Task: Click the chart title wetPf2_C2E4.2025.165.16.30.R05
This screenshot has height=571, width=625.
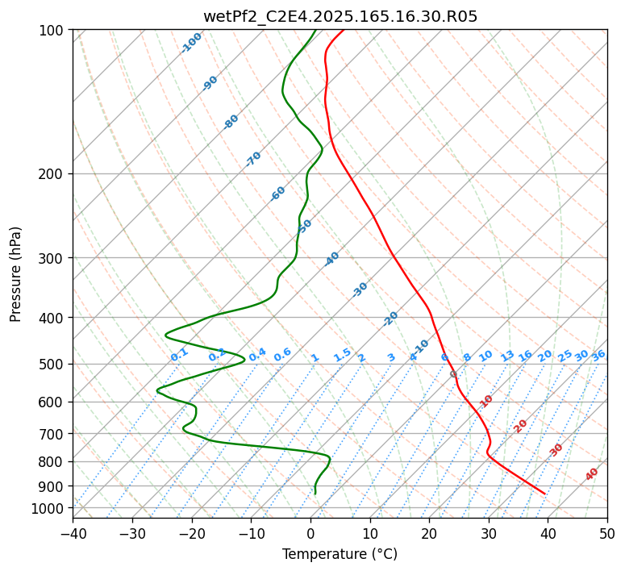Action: click(x=340, y=15)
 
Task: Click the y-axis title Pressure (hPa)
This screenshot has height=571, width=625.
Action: click(x=16, y=274)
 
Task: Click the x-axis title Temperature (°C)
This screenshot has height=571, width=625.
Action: click(x=340, y=554)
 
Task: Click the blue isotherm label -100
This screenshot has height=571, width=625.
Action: click(x=191, y=42)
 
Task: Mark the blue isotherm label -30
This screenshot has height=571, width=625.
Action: click(x=360, y=290)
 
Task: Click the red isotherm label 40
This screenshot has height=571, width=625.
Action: click(x=592, y=474)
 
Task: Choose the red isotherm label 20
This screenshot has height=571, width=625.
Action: click(x=521, y=425)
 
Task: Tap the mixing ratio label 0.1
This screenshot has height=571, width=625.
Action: click(x=179, y=355)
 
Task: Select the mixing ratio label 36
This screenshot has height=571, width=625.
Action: click(x=598, y=356)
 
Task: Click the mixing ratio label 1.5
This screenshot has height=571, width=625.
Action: click(x=342, y=355)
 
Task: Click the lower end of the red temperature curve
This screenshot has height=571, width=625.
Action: click(x=545, y=494)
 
